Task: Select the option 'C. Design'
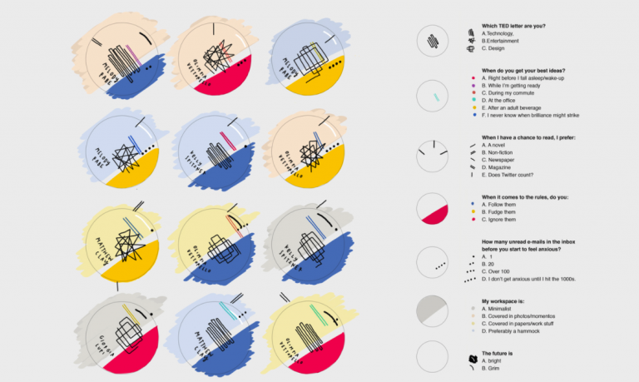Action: tap(500, 49)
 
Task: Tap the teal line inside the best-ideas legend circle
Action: tap(436, 98)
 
